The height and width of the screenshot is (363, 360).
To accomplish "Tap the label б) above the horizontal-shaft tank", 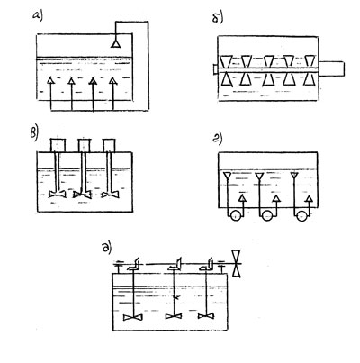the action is pos(218,18).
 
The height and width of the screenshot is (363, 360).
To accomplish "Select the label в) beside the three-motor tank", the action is pos(34,133).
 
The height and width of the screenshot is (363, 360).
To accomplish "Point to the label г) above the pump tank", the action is pos(218,139).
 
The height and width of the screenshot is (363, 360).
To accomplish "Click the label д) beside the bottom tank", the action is pos(107,249).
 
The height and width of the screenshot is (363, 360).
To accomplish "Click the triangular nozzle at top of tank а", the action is pos(115,44).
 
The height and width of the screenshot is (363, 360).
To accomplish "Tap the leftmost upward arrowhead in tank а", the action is pos(50,80).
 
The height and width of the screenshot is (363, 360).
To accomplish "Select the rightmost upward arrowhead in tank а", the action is pos(112,80).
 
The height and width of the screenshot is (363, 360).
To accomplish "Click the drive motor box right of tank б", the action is pos(331,68).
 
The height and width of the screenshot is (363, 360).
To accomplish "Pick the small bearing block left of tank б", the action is pos(215,69).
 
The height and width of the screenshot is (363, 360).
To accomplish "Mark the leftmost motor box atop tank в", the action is pos(57,145).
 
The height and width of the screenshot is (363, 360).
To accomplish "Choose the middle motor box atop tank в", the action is pos(84,145).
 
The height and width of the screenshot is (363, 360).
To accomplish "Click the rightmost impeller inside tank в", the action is pos(110,195).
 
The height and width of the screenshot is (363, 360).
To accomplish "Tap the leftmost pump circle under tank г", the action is pos(236,215).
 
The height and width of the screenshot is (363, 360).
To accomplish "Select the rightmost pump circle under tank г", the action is pos(301,215).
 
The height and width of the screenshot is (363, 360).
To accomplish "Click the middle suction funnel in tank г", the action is pos(259,176).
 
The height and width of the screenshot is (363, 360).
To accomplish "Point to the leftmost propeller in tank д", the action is pos(133,317).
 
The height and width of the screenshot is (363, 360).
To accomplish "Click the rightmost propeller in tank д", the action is pos(206,316).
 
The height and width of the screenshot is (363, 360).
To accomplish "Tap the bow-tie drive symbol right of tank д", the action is pos(238,263).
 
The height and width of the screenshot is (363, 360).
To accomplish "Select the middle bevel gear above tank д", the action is pos(175,265).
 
